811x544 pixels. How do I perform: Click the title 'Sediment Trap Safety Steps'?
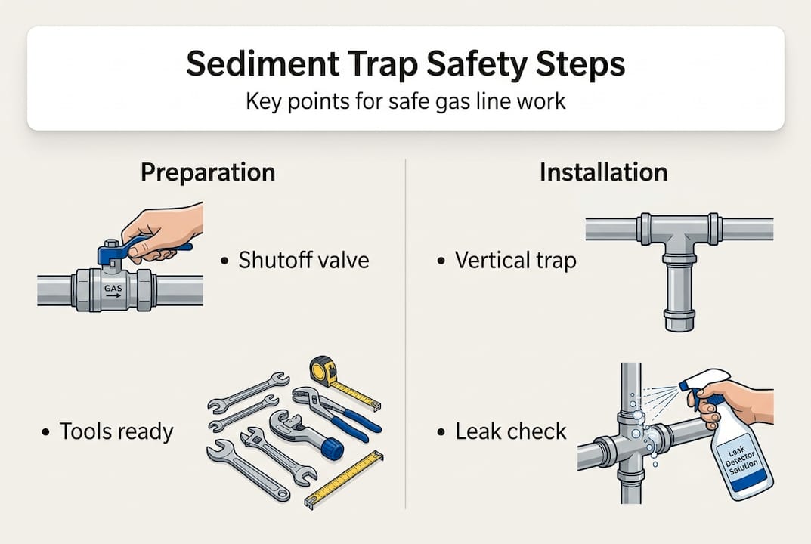(405, 64)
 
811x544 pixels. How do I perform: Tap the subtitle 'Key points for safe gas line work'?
(405, 100)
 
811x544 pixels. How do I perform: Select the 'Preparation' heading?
(208, 172)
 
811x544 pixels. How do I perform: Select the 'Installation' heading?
(603, 172)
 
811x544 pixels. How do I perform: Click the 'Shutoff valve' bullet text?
(303, 261)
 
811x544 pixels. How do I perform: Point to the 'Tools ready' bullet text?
(116, 431)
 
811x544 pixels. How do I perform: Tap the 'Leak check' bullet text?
(510, 431)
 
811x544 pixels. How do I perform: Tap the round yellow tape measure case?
(323, 371)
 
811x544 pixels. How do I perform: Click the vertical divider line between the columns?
(406, 332)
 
